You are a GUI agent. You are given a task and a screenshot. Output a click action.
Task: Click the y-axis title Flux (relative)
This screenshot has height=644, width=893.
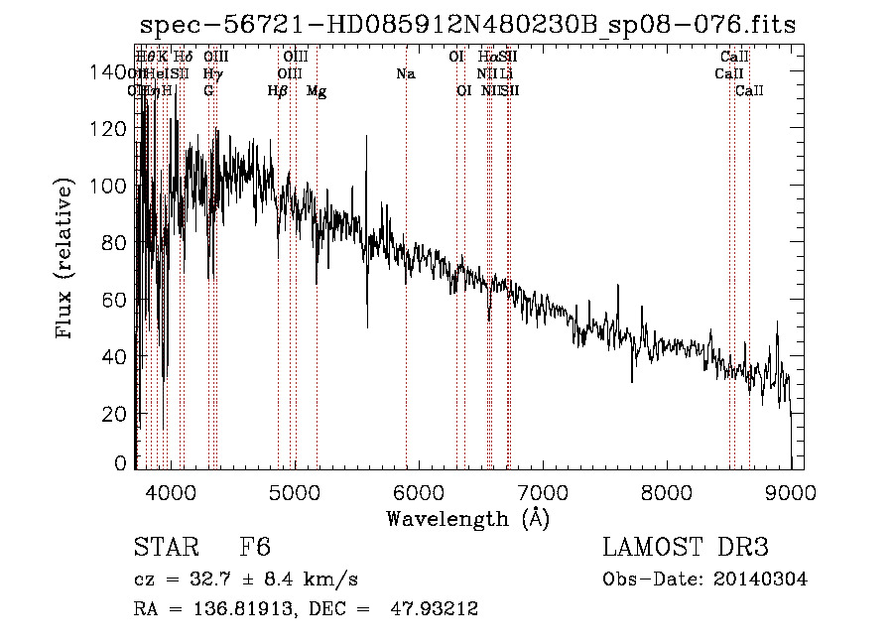[65, 261]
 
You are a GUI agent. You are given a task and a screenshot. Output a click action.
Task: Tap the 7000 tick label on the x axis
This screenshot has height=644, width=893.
[542, 491]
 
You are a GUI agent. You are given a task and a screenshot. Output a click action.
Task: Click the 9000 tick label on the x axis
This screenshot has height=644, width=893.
[790, 491]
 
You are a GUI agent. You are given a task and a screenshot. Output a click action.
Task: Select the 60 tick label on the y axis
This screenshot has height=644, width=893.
[118, 300]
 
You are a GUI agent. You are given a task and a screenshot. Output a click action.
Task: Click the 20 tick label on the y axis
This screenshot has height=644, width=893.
[118, 414]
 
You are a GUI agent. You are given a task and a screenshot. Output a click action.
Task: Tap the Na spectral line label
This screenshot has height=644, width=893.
[405, 74]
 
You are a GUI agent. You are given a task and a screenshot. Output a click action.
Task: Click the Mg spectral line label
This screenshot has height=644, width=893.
[317, 91]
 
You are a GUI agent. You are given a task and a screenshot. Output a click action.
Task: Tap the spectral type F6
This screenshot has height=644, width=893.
[255, 548]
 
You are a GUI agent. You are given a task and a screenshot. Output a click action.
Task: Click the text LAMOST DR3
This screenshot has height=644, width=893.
[686, 548]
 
